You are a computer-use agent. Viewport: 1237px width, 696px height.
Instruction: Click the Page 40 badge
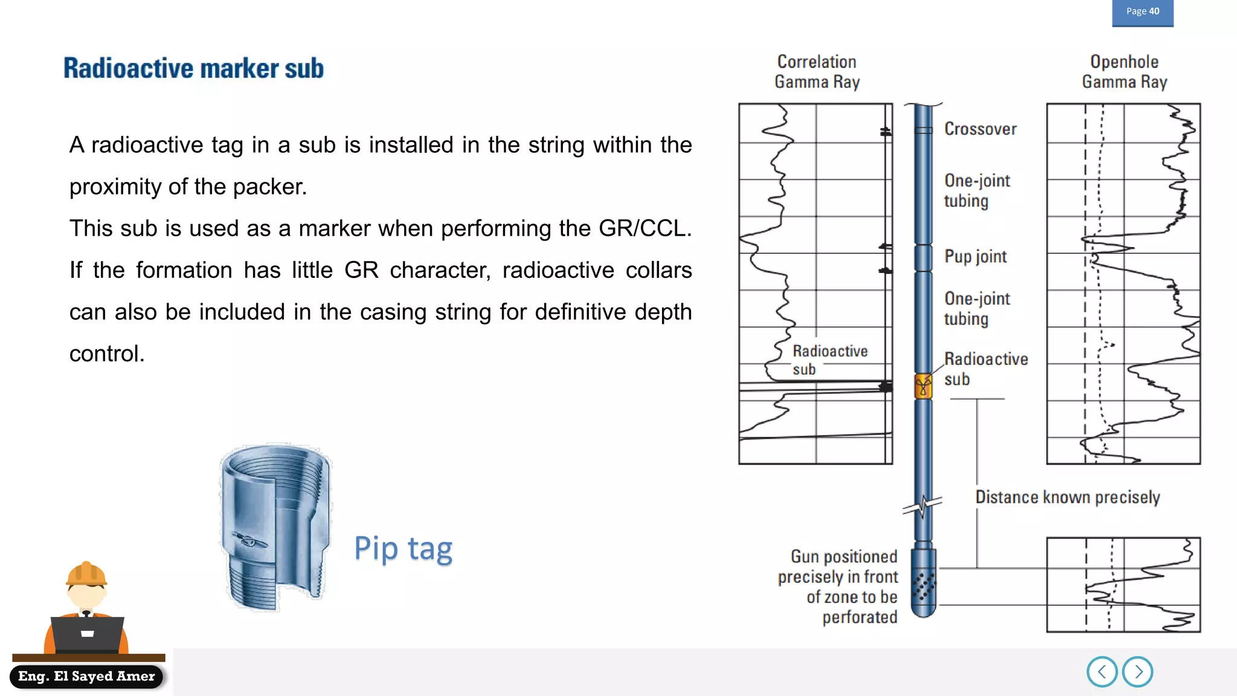[x=1142, y=12]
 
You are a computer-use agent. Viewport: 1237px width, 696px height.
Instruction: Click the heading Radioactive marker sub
[x=193, y=68]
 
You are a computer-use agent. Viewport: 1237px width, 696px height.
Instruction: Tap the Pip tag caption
[x=403, y=549]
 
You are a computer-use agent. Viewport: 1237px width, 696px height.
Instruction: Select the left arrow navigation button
[x=1102, y=672]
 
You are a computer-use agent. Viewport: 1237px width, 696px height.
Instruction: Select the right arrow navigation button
[x=1138, y=672]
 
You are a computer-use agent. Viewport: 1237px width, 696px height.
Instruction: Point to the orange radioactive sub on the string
[x=923, y=386]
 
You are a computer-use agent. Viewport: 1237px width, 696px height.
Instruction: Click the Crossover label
[x=980, y=129]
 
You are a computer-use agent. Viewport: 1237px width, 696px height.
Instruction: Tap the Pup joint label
[x=975, y=257]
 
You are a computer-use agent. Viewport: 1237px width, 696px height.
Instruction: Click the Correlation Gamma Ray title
[x=817, y=72]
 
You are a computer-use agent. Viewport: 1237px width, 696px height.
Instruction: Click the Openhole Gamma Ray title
[x=1124, y=72]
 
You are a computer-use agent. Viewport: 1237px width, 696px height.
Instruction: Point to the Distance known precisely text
[x=1067, y=497]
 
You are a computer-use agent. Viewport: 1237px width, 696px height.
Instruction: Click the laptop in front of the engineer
[x=88, y=634]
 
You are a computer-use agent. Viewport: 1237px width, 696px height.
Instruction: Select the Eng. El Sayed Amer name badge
[x=86, y=676]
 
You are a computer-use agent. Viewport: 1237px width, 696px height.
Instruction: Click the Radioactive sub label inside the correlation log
[x=829, y=360]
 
